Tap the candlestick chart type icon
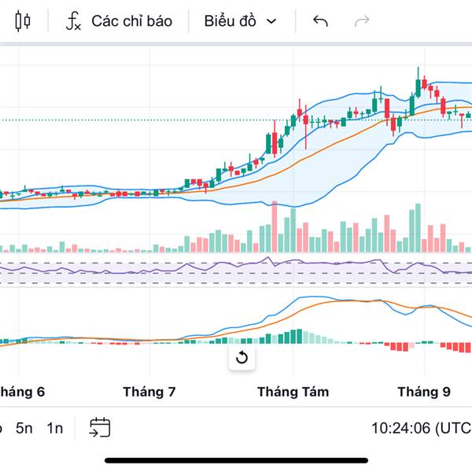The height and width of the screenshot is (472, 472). (x=23, y=21)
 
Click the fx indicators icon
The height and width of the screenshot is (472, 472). (x=73, y=21)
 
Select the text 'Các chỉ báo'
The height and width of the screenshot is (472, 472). (x=131, y=21)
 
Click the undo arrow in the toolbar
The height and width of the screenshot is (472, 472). (x=320, y=21)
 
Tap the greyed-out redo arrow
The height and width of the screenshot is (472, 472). (x=362, y=21)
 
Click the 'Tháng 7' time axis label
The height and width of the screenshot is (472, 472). (x=149, y=392)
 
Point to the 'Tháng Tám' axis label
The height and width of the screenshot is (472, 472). (x=293, y=392)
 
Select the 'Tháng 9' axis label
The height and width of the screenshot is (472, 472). (x=424, y=392)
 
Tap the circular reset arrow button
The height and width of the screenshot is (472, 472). (x=242, y=359)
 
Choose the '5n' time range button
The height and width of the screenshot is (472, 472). (x=24, y=428)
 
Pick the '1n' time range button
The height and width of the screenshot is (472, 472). (x=54, y=428)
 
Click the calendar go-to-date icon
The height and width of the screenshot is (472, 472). (x=100, y=428)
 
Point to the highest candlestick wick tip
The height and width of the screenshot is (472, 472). (x=419, y=68)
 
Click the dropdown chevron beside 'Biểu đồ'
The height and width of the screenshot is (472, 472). (x=271, y=21)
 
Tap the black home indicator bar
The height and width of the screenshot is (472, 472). (x=236, y=459)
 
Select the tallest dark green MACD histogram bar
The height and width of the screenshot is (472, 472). (x=299, y=336)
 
